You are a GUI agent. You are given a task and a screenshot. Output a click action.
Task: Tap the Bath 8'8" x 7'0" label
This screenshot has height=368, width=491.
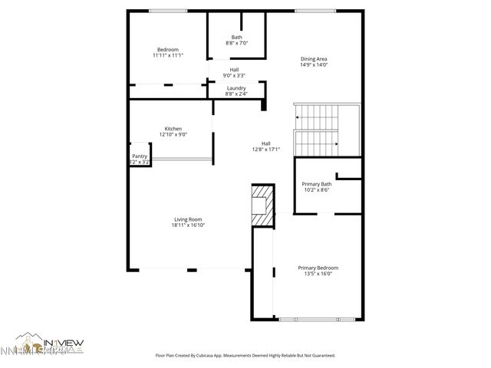point(236,38)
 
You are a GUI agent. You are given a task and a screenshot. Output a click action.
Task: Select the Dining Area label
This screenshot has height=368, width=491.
point(314,59)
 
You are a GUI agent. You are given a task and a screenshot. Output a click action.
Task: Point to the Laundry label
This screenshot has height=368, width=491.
point(236,88)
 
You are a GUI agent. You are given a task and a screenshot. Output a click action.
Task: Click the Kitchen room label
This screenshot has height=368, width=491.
point(173,129)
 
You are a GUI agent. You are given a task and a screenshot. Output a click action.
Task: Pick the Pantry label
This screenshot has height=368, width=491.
point(140,156)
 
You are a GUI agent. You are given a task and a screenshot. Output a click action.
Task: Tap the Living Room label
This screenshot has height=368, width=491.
point(189,219)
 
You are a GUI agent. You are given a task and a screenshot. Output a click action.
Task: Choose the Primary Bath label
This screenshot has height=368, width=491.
point(317,184)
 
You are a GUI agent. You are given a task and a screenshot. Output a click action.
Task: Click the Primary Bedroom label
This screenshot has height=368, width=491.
point(318,268)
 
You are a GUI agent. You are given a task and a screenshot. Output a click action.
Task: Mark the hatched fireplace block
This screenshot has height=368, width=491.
point(263,205)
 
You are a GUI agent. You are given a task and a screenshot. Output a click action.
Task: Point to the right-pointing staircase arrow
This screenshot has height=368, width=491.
point(334,143)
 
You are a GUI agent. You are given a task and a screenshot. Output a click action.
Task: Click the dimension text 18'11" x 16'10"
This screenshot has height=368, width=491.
point(189,225)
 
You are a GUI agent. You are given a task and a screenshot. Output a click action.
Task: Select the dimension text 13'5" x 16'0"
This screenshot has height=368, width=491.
point(318,274)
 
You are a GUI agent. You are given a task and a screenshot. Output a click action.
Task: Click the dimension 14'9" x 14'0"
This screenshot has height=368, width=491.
point(314,65)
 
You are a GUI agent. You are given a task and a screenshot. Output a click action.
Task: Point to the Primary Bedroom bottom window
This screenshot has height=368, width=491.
point(318,319)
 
